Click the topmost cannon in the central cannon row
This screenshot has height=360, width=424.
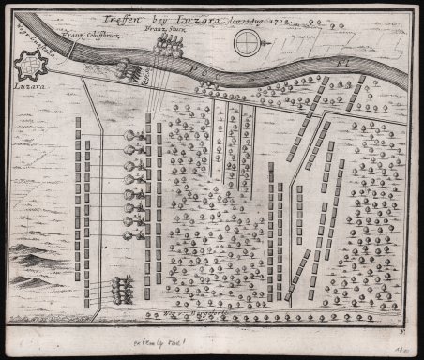(x=139, y=136)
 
